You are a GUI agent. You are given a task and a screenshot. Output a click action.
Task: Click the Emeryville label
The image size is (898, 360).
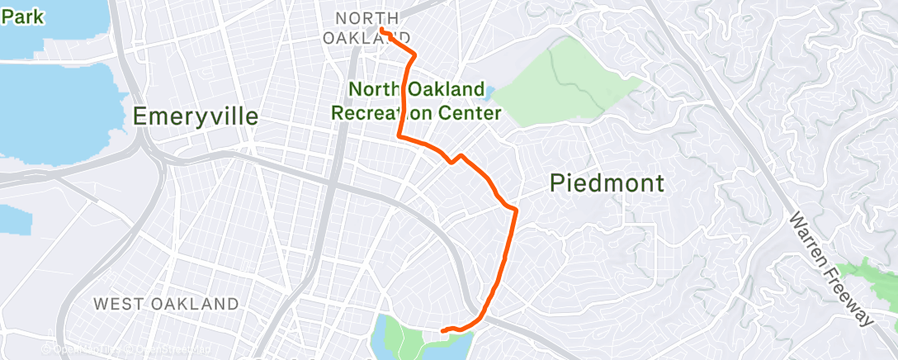(196, 116)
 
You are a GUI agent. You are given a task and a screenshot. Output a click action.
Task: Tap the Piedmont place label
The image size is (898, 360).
(607, 183)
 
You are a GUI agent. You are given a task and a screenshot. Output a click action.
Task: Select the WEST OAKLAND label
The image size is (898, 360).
(166, 304)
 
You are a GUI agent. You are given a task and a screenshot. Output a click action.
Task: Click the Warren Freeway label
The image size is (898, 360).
(830, 269)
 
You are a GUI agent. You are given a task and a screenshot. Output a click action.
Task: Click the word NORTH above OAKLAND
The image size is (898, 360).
(367, 18)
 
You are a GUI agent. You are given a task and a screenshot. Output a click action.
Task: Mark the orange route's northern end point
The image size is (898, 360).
(383, 30)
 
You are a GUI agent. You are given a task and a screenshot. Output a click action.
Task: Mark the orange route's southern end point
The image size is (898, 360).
(443, 331)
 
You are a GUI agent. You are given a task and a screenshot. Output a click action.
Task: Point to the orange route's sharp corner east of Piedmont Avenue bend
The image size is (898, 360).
(516, 209)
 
